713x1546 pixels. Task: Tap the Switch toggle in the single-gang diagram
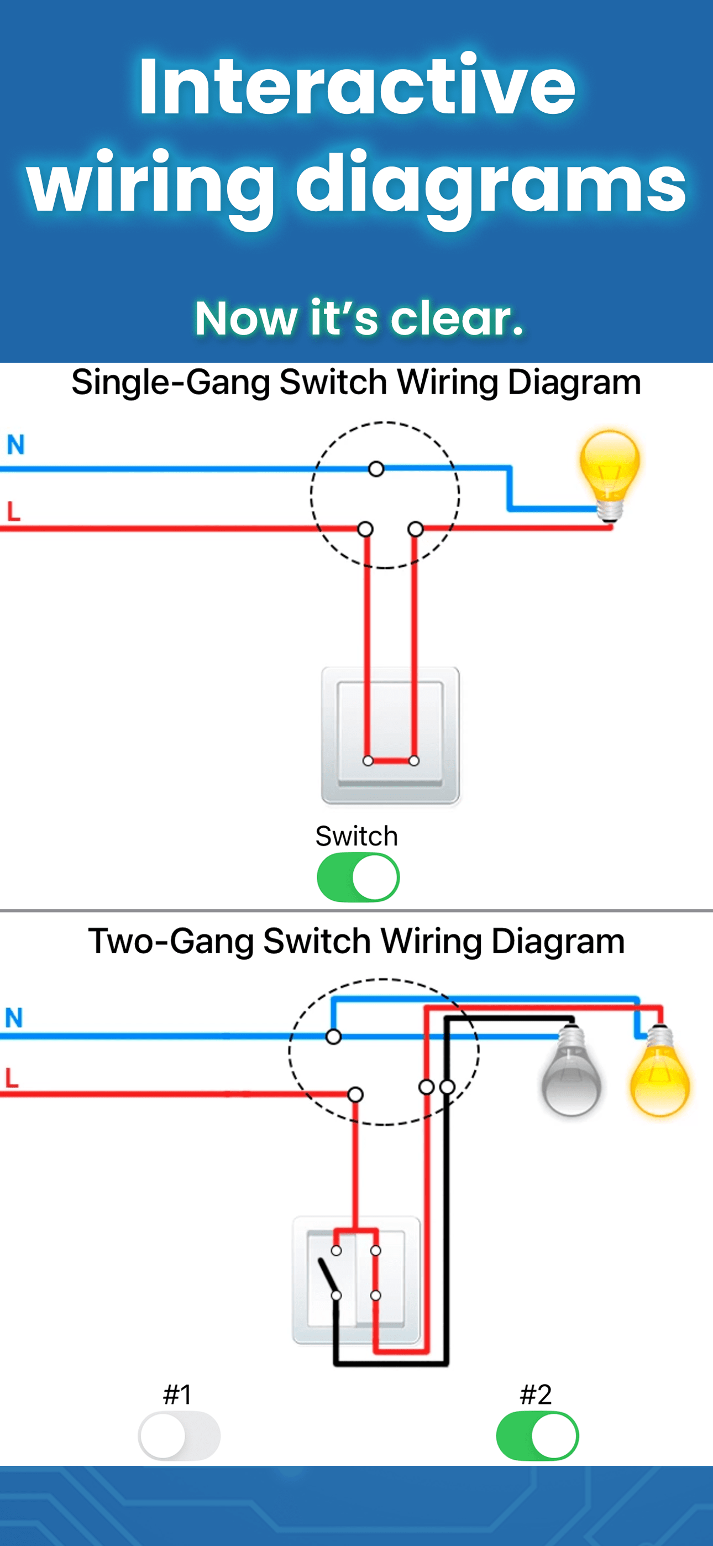tap(358, 878)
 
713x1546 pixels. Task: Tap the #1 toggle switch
tap(179, 1435)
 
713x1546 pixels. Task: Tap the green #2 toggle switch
tap(537, 1435)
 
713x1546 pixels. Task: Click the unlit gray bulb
tap(571, 1074)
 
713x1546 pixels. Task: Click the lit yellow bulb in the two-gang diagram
tap(659, 1074)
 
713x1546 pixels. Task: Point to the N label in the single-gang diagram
tap(15, 445)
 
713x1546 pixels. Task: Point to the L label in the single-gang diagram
tap(14, 511)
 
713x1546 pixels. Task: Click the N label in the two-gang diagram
tap(14, 1018)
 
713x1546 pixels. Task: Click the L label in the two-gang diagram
tap(12, 1078)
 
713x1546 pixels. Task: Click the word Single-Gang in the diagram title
tap(170, 382)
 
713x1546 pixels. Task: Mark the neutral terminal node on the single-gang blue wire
tap(376, 469)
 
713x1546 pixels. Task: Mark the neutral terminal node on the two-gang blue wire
tap(334, 1036)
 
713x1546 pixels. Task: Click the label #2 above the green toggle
tap(536, 1394)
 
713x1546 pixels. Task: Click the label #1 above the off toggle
tap(177, 1394)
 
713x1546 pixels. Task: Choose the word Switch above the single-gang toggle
tap(356, 836)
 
